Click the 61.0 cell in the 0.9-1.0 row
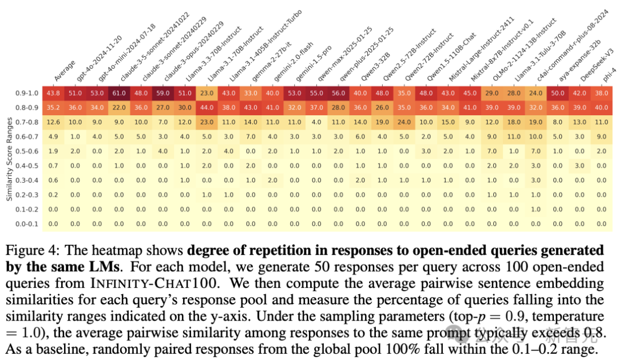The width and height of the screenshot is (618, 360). (119, 93)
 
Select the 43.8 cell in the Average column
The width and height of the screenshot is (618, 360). (53, 93)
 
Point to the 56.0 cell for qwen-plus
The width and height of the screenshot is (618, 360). (338, 93)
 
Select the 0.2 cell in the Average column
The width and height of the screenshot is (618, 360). (53, 194)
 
